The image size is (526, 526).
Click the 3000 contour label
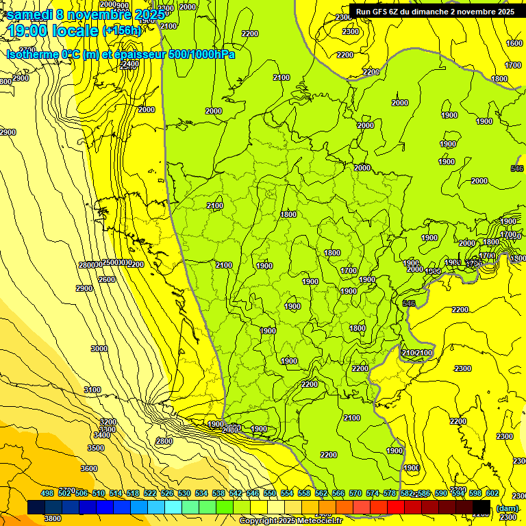(99, 349)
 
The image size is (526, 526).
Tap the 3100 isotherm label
(92, 390)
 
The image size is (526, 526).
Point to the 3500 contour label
(96, 448)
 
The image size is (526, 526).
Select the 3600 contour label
(89, 468)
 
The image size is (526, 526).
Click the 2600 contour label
(107, 279)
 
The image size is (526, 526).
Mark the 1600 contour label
(514, 43)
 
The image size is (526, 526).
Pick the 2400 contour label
(129, 64)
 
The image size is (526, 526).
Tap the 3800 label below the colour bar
(53, 518)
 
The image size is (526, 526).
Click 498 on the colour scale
(47, 493)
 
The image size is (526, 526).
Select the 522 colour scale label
(150, 493)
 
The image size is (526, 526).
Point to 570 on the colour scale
(355, 493)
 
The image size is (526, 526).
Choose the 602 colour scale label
(492, 493)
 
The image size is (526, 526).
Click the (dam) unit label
(507, 508)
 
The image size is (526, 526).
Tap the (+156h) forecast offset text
(122, 31)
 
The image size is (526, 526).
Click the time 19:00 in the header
(30, 31)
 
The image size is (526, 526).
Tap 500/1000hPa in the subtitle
(201, 54)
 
